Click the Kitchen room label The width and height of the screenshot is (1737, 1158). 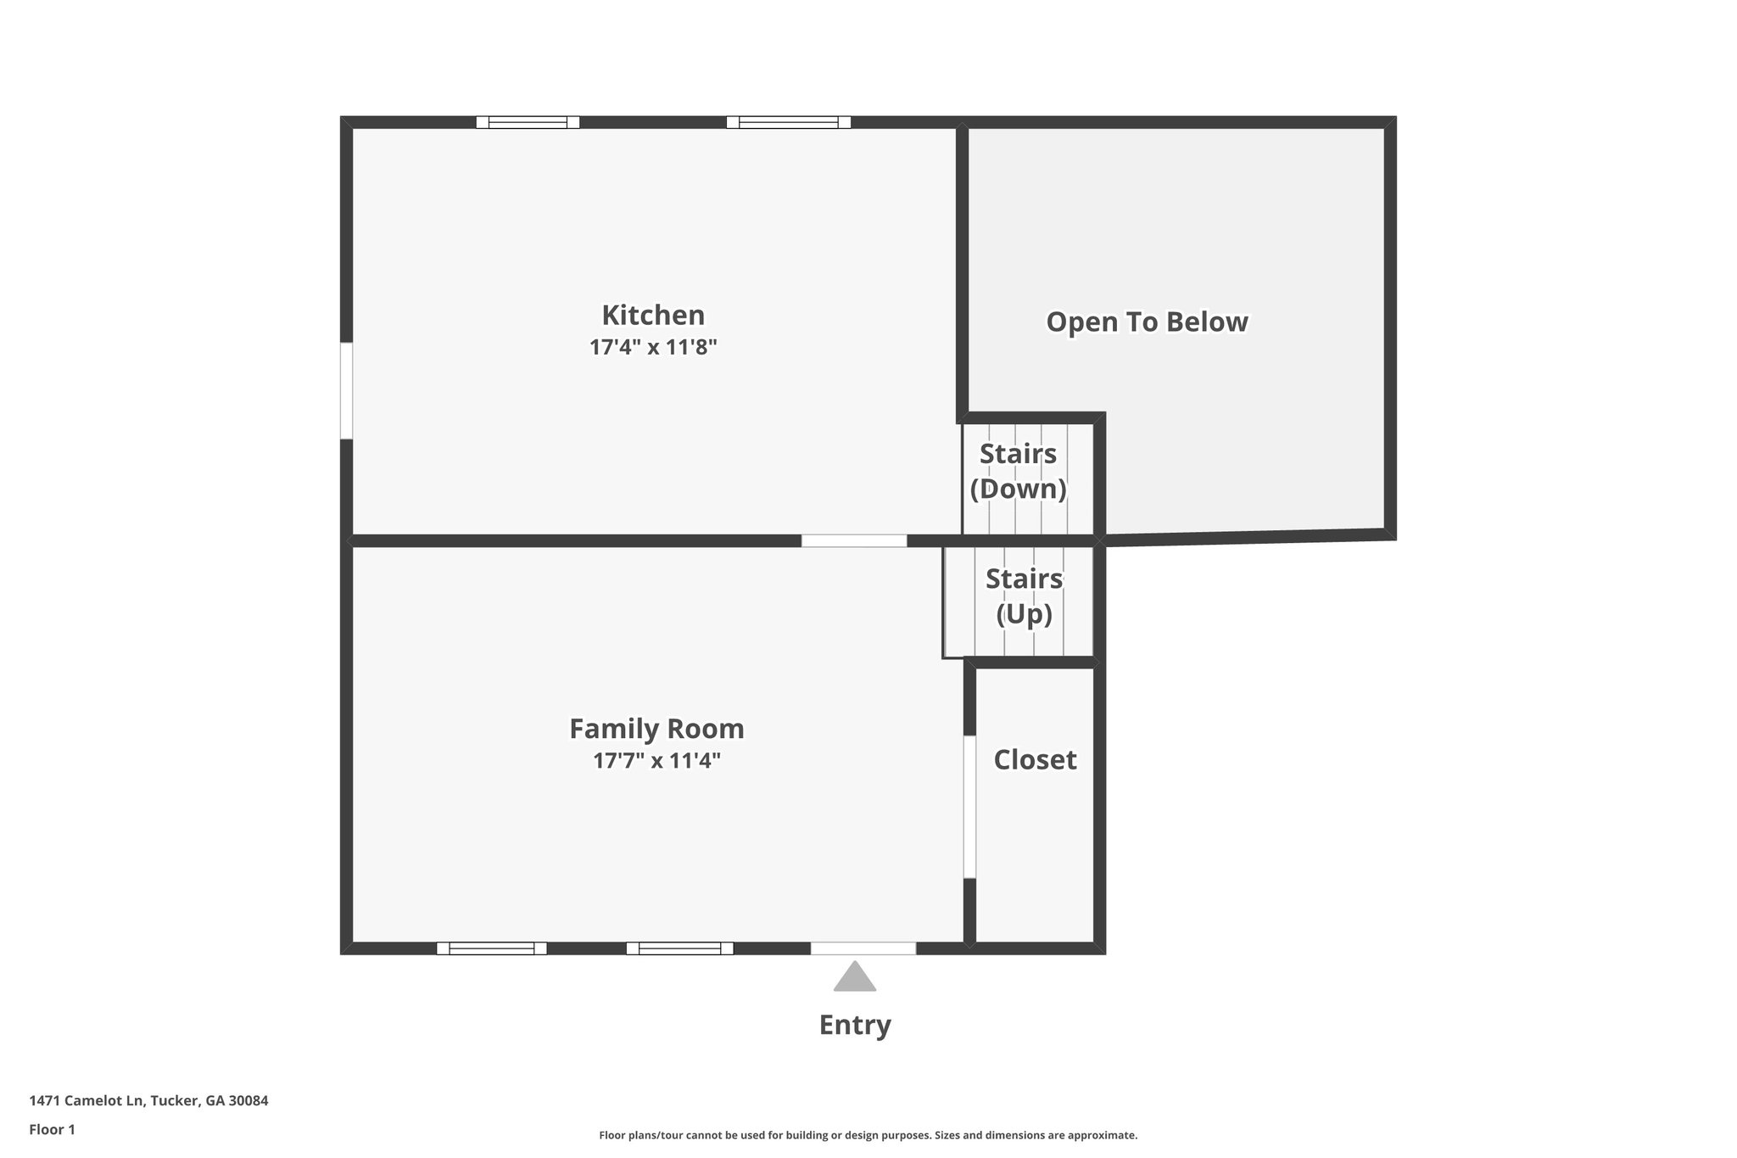click(653, 315)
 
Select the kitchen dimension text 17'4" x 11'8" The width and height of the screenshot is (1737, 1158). click(653, 347)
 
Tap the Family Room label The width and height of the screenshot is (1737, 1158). click(656, 729)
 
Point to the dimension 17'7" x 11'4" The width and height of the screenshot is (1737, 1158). click(656, 761)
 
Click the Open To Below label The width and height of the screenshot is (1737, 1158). click(1147, 322)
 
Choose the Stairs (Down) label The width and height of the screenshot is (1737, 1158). click(1018, 471)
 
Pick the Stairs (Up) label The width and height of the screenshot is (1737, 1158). click(1024, 596)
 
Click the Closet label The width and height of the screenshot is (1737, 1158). click(1035, 759)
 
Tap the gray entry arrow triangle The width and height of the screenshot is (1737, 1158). click(854, 977)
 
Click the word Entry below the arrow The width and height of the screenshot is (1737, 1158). click(854, 1025)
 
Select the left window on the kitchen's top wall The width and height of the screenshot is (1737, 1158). click(528, 122)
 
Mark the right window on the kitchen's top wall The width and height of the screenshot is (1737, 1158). click(788, 122)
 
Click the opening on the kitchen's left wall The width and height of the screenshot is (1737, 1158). click(346, 390)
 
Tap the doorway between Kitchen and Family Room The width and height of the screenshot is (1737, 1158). click(854, 540)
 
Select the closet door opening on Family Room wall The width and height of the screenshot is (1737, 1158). click(969, 806)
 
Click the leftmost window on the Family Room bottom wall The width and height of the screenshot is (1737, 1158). click(491, 948)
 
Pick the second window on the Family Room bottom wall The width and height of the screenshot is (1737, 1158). click(679, 948)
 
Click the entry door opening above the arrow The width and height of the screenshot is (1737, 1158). click(863, 948)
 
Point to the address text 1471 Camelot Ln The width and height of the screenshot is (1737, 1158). click(148, 1101)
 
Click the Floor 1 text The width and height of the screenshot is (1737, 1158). click(52, 1129)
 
